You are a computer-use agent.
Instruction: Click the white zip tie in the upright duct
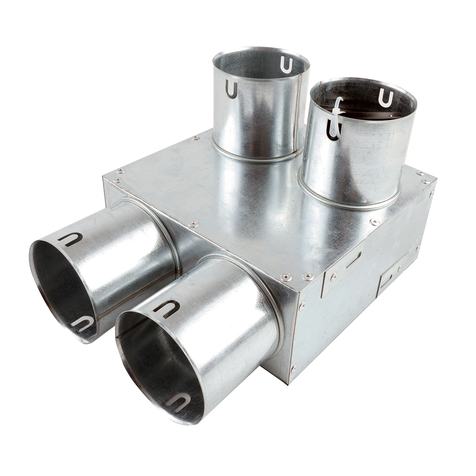338,117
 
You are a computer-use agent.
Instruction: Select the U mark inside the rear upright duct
286,65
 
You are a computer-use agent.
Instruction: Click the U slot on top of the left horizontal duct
70,239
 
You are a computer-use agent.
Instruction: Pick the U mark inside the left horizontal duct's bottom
83,323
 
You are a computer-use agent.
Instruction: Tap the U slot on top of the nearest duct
167,309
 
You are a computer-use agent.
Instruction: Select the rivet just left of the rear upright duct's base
195,138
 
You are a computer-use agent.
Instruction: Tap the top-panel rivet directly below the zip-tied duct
373,223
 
